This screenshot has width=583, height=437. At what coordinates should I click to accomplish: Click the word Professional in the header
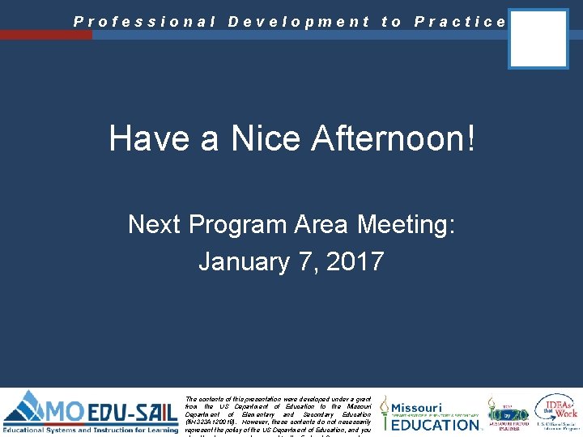pos(144,23)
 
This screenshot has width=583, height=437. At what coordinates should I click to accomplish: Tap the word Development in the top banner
pos(299,23)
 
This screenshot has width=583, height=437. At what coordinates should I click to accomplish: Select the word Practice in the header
pos(460,23)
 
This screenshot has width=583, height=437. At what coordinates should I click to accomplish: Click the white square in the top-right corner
pos(538,38)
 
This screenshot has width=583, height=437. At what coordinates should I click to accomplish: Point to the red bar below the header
pos(46,35)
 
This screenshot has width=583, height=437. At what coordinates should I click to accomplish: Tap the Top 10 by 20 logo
pos(508,412)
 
